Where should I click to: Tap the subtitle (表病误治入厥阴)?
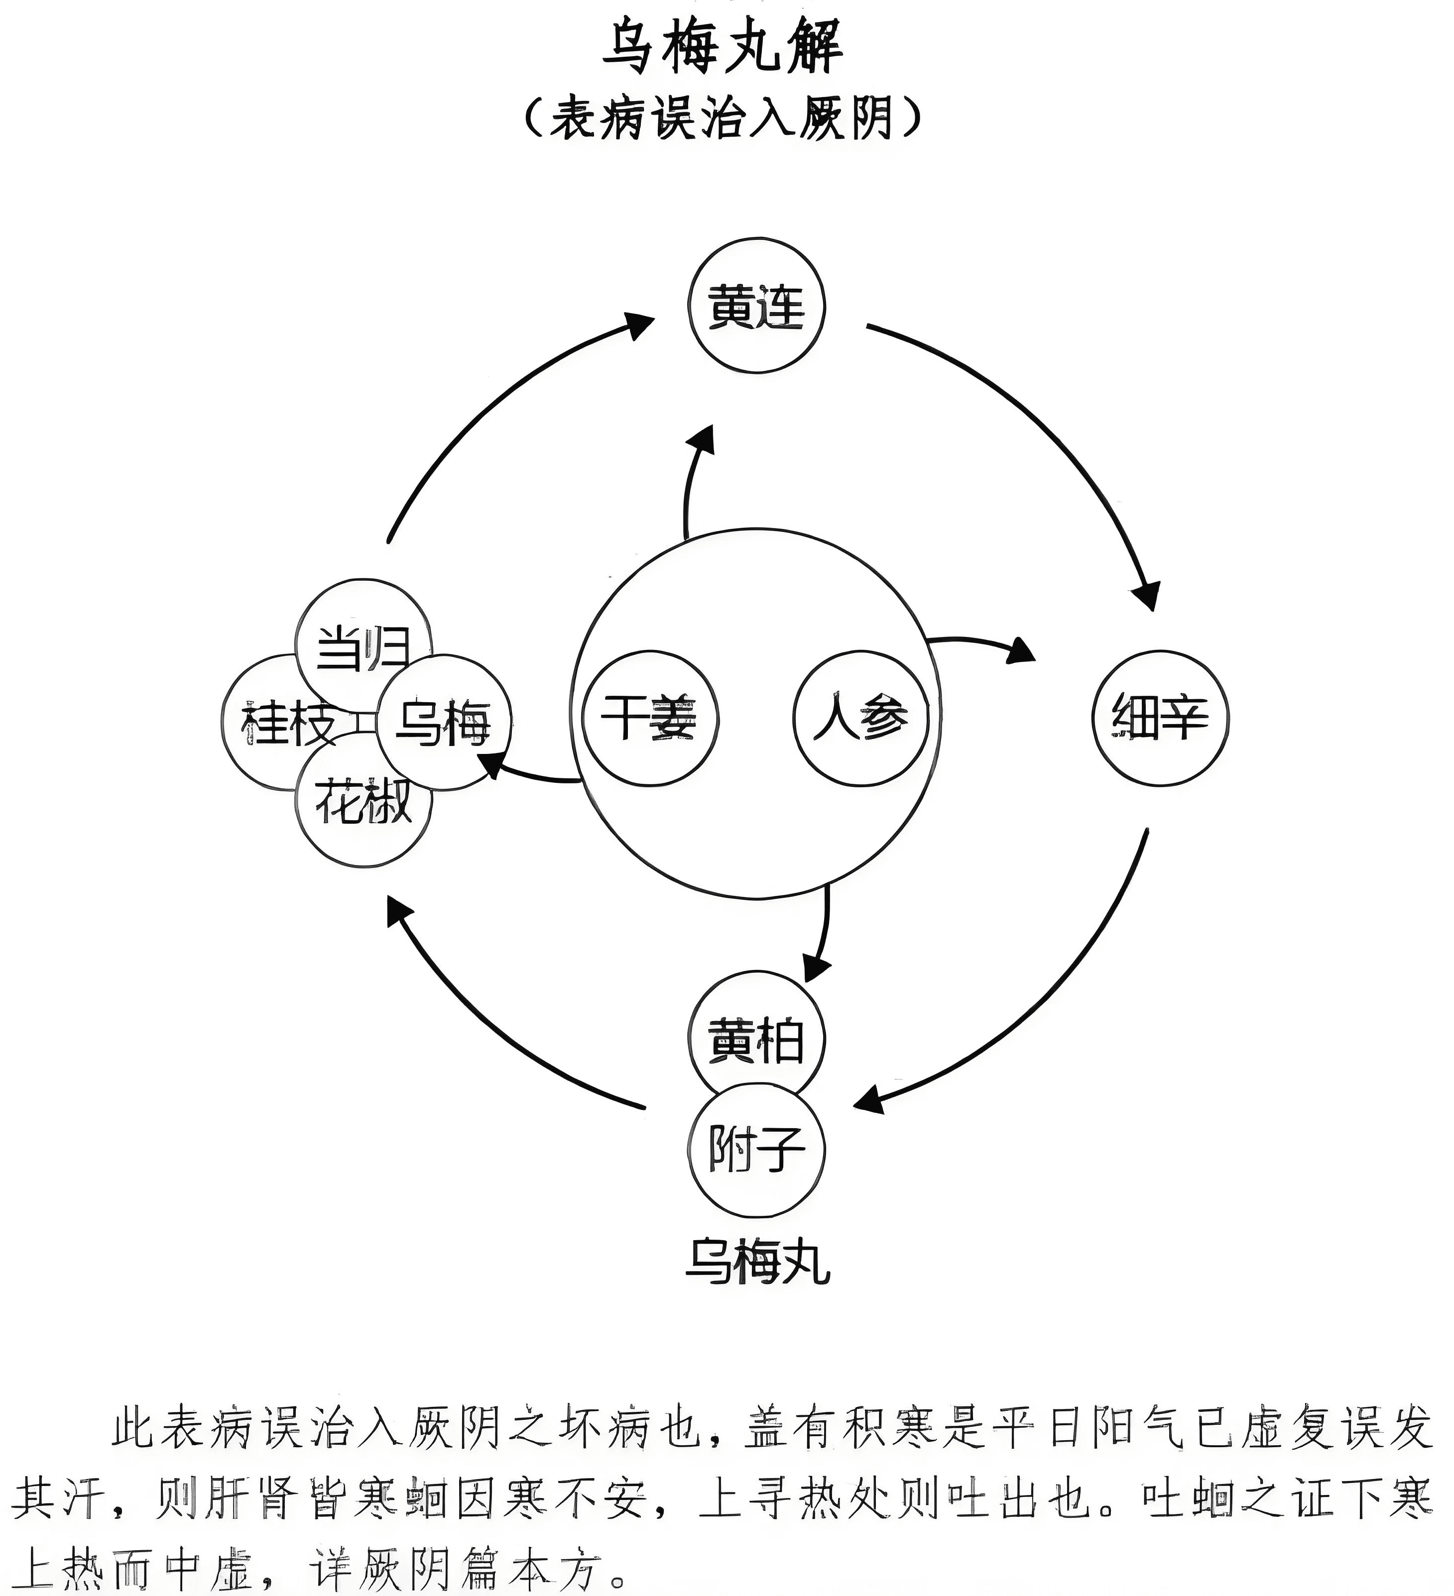click(723, 119)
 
